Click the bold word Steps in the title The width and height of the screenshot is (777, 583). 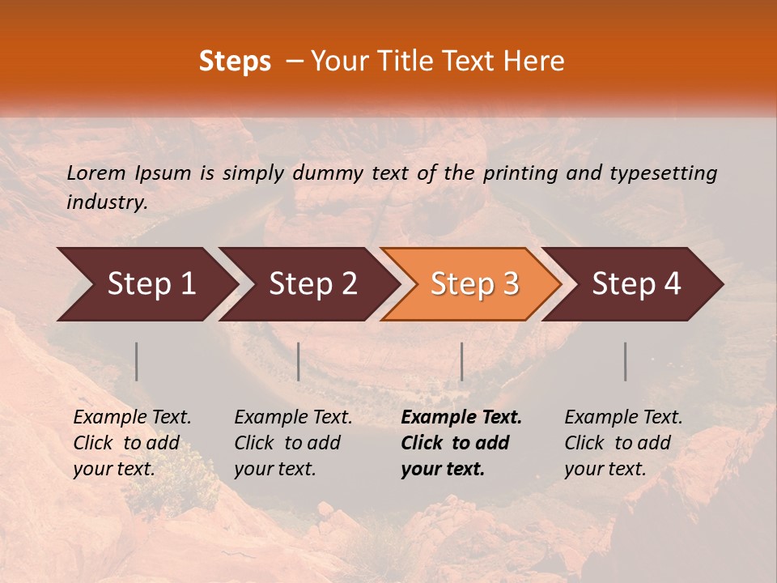pos(235,62)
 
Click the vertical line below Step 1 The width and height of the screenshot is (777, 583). pos(137,361)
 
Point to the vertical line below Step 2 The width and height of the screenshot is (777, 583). pos(299,361)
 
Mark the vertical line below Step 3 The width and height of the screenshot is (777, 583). pos(461,361)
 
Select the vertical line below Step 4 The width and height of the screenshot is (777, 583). pos(626,361)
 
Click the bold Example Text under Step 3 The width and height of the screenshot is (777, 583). pos(461,418)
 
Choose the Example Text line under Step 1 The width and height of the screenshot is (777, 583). pos(133,418)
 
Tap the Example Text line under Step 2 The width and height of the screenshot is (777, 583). pos(293,418)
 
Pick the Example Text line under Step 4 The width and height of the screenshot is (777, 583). pos(623,418)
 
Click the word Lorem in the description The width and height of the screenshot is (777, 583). pos(96,173)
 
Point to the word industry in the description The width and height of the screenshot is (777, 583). pos(107,202)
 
